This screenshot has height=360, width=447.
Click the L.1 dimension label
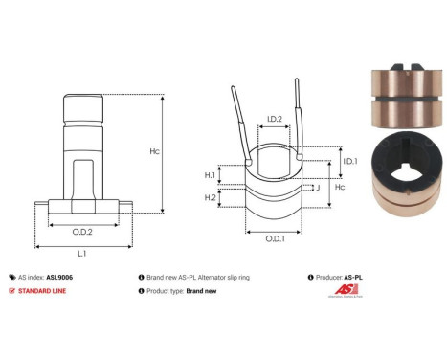click(x=82, y=253)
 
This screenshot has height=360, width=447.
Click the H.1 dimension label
click(x=210, y=175)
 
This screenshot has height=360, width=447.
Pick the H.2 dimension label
click(x=210, y=197)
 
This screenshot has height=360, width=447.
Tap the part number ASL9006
click(x=60, y=275)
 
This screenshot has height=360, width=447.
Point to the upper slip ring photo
click(x=398, y=100)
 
